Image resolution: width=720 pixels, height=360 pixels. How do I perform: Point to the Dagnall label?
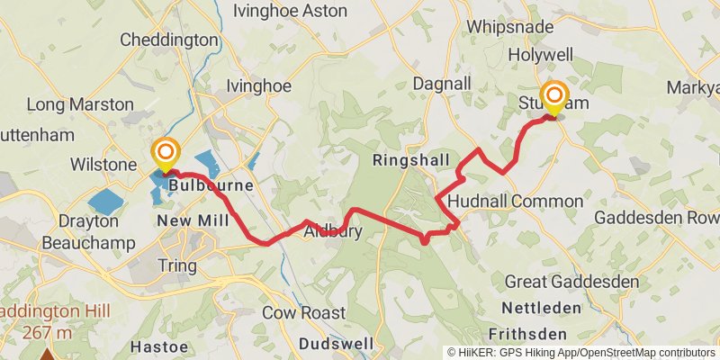click(442, 83)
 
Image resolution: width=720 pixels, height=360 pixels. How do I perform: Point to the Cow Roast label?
click(304, 313)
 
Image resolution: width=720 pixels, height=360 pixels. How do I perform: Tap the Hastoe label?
click(158, 345)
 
